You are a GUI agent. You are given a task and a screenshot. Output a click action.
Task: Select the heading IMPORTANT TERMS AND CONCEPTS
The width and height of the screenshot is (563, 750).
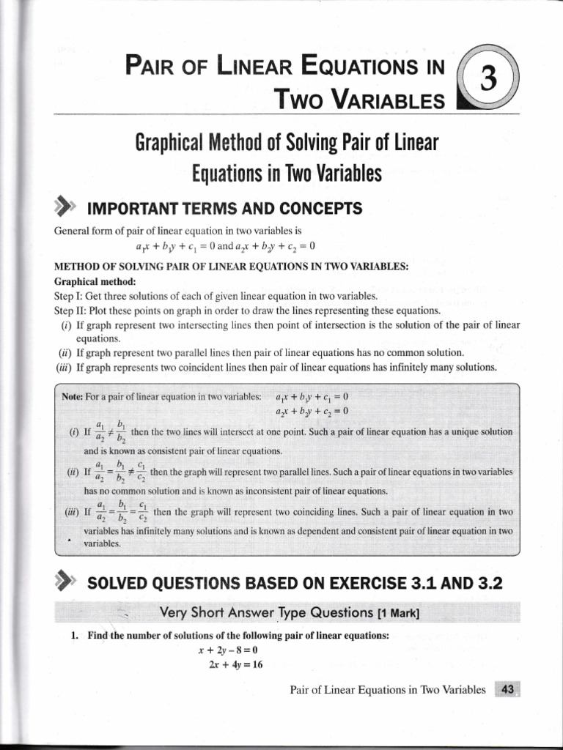click(224, 209)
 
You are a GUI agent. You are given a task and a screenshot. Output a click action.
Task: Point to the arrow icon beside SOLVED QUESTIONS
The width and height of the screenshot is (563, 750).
click(65, 584)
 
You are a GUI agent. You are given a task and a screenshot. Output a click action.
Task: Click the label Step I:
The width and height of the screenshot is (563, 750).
click(70, 296)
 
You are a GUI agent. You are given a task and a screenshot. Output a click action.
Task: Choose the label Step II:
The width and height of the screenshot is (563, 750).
click(71, 310)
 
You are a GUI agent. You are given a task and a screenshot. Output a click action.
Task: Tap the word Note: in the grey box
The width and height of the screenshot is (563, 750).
click(73, 397)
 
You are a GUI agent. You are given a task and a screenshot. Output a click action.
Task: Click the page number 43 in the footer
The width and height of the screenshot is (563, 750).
click(507, 689)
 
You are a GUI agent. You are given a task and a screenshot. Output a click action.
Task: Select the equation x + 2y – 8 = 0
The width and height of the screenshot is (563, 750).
click(229, 650)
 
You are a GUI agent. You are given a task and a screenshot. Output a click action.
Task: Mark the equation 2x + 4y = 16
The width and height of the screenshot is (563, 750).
click(230, 665)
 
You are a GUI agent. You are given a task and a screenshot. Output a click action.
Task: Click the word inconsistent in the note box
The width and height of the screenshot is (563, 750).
click(274, 491)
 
